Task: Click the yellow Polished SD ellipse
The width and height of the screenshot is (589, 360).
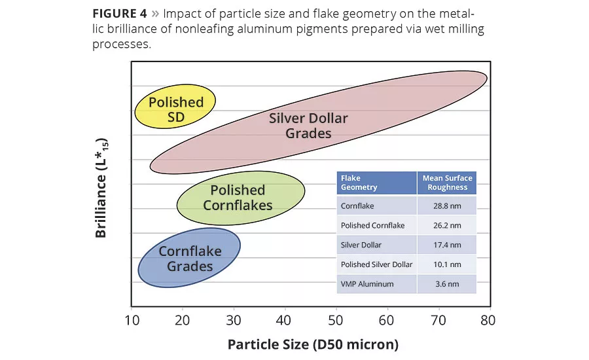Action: (x=175, y=109)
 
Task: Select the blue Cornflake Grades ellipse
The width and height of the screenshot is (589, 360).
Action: (x=189, y=259)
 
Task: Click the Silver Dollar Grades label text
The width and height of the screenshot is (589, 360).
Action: (x=308, y=126)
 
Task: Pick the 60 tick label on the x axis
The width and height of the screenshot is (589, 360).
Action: (x=385, y=320)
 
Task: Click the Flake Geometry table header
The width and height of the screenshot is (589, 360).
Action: (x=359, y=183)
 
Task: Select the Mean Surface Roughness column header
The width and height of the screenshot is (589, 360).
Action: (x=447, y=183)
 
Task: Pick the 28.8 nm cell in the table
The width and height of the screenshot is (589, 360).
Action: (x=447, y=205)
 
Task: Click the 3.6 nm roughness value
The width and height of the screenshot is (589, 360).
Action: (x=447, y=284)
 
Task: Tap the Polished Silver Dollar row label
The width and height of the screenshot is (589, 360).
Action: (x=376, y=264)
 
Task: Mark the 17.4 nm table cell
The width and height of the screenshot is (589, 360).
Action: (x=447, y=245)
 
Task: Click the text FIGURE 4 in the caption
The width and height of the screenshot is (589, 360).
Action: (x=122, y=13)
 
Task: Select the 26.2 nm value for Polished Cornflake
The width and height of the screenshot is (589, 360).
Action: (x=447, y=225)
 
